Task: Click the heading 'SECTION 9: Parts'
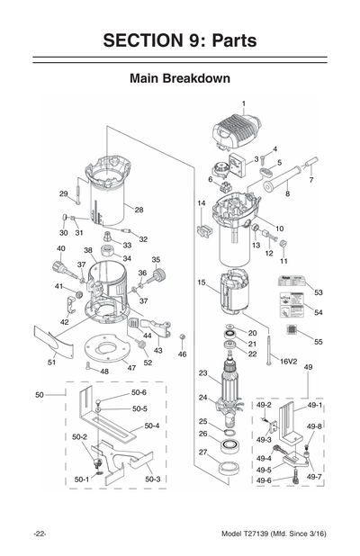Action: point(180,40)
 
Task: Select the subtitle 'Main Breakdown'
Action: point(180,78)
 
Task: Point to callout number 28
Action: point(139,210)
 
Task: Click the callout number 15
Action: point(202,282)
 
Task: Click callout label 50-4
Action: point(152,426)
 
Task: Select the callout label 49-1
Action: point(314,406)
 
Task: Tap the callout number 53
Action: point(318,292)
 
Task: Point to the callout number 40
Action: point(60,248)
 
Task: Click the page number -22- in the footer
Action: point(40,534)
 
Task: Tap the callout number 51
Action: point(51,362)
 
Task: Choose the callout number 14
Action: point(201,204)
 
